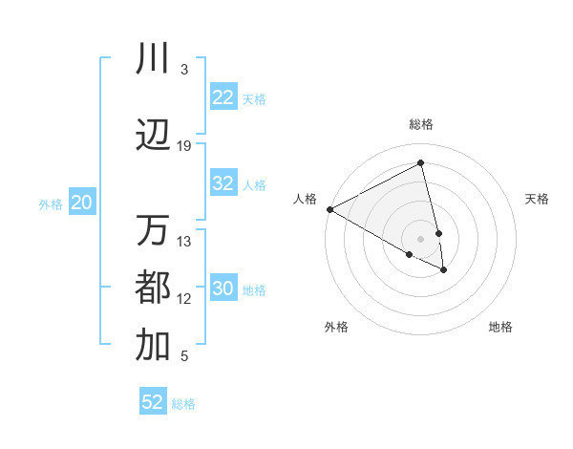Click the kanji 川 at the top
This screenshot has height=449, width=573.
[x=153, y=59]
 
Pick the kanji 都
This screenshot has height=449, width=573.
[x=153, y=288]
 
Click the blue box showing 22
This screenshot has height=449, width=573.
[x=223, y=97]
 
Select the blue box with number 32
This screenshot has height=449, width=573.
[x=223, y=183]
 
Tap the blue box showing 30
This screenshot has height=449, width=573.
[x=223, y=289]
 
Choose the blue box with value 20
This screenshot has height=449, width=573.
[x=82, y=203]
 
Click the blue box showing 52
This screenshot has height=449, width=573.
[x=153, y=402]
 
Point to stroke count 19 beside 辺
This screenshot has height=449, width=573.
[x=184, y=146]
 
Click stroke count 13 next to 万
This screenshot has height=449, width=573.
[x=184, y=241]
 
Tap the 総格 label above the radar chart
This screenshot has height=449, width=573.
[x=421, y=124]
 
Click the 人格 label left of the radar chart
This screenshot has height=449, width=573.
[x=306, y=199]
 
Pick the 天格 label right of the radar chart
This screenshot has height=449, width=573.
[x=538, y=199]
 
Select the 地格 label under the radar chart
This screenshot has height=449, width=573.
[x=500, y=327]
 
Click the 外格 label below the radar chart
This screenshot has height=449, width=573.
[x=336, y=327]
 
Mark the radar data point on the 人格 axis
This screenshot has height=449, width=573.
[x=329, y=209]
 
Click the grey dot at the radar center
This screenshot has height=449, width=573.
[x=420, y=238]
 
